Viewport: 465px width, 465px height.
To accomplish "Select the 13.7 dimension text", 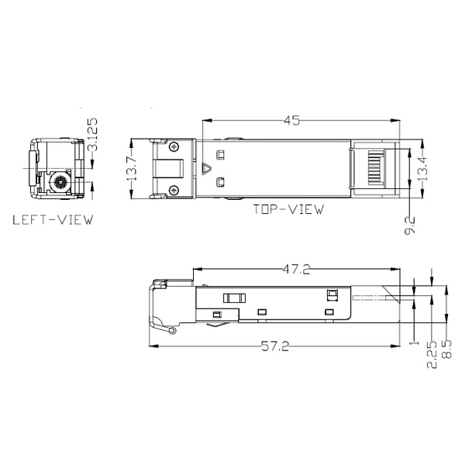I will pos(132,167).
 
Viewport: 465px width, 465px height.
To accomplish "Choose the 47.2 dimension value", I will pos(295,270).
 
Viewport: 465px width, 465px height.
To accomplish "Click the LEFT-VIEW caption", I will pos(53,220).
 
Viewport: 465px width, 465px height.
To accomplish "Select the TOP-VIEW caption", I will pos(288,209).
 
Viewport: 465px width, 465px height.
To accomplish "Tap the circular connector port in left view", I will pos(58,184).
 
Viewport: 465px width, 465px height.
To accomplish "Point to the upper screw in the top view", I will pos(174,146).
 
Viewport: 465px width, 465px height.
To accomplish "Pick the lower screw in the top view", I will pos(174,191).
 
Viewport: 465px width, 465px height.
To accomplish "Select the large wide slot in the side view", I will pos(233,298).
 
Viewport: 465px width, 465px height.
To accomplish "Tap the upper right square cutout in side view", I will pos(333,294).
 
